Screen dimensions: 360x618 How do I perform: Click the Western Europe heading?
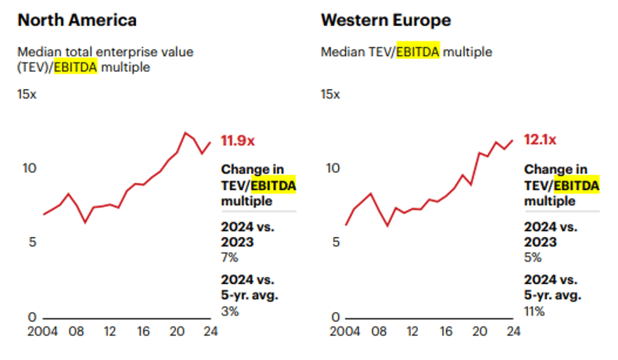click(386, 20)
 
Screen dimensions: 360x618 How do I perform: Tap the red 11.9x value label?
click(238, 141)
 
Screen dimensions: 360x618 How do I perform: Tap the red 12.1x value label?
click(540, 141)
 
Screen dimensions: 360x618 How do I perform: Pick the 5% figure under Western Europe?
click(533, 257)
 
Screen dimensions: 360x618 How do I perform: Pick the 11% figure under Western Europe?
click(535, 311)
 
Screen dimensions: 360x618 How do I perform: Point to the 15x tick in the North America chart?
click(27, 94)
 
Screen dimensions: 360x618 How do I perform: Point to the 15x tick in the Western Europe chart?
click(330, 94)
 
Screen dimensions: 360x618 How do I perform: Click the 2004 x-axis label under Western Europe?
click(346, 331)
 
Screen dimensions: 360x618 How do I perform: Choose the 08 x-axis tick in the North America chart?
click(76, 331)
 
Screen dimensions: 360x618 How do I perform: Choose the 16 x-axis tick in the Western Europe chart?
click(446, 331)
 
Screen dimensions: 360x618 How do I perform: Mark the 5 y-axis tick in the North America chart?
click(32, 242)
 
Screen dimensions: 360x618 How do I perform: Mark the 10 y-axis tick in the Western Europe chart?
click(332, 167)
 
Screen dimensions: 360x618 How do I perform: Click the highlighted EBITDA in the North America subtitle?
click(75, 67)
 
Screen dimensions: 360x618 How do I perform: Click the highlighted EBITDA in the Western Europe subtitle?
click(418, 52)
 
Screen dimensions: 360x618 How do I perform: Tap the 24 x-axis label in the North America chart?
click(210, 331)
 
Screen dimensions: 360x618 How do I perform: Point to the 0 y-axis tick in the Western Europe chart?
click(336, 317)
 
